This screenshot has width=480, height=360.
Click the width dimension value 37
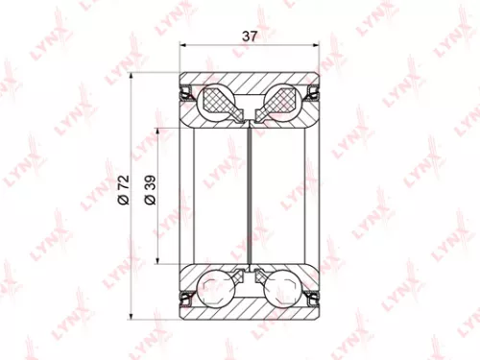click(x=250, y=36)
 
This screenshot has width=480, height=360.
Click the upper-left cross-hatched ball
click(x=219, y=101)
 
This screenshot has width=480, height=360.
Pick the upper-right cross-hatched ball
click(x=284, y=101)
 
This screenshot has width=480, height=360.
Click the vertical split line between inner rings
click(x=251, y=192)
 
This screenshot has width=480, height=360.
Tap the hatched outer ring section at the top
click(x=251, y=82)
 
